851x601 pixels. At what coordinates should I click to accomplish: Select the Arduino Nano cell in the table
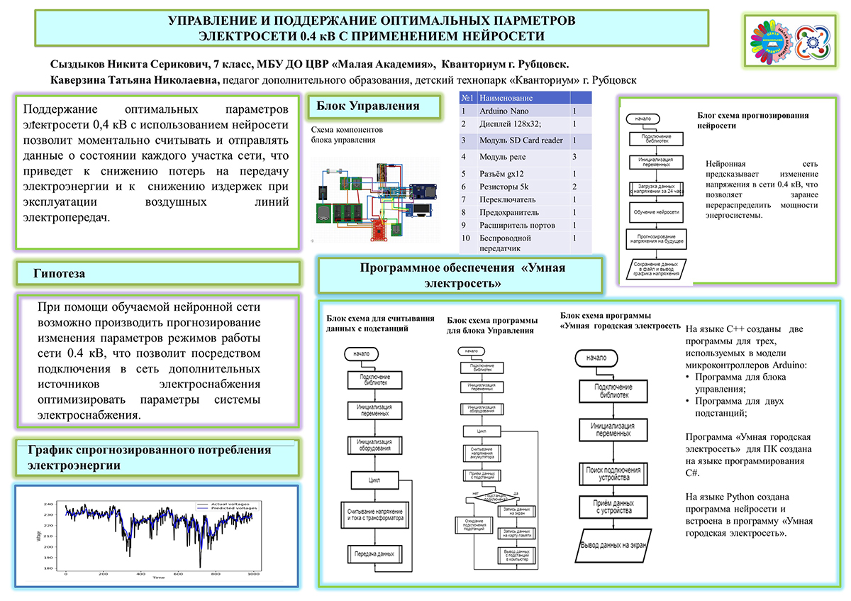coord(504,111)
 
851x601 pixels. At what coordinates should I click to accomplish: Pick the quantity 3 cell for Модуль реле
coord(574,156)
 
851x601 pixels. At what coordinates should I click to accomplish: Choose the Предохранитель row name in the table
coord(509,212)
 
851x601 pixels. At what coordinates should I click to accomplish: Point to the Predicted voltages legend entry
coord(234,509)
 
